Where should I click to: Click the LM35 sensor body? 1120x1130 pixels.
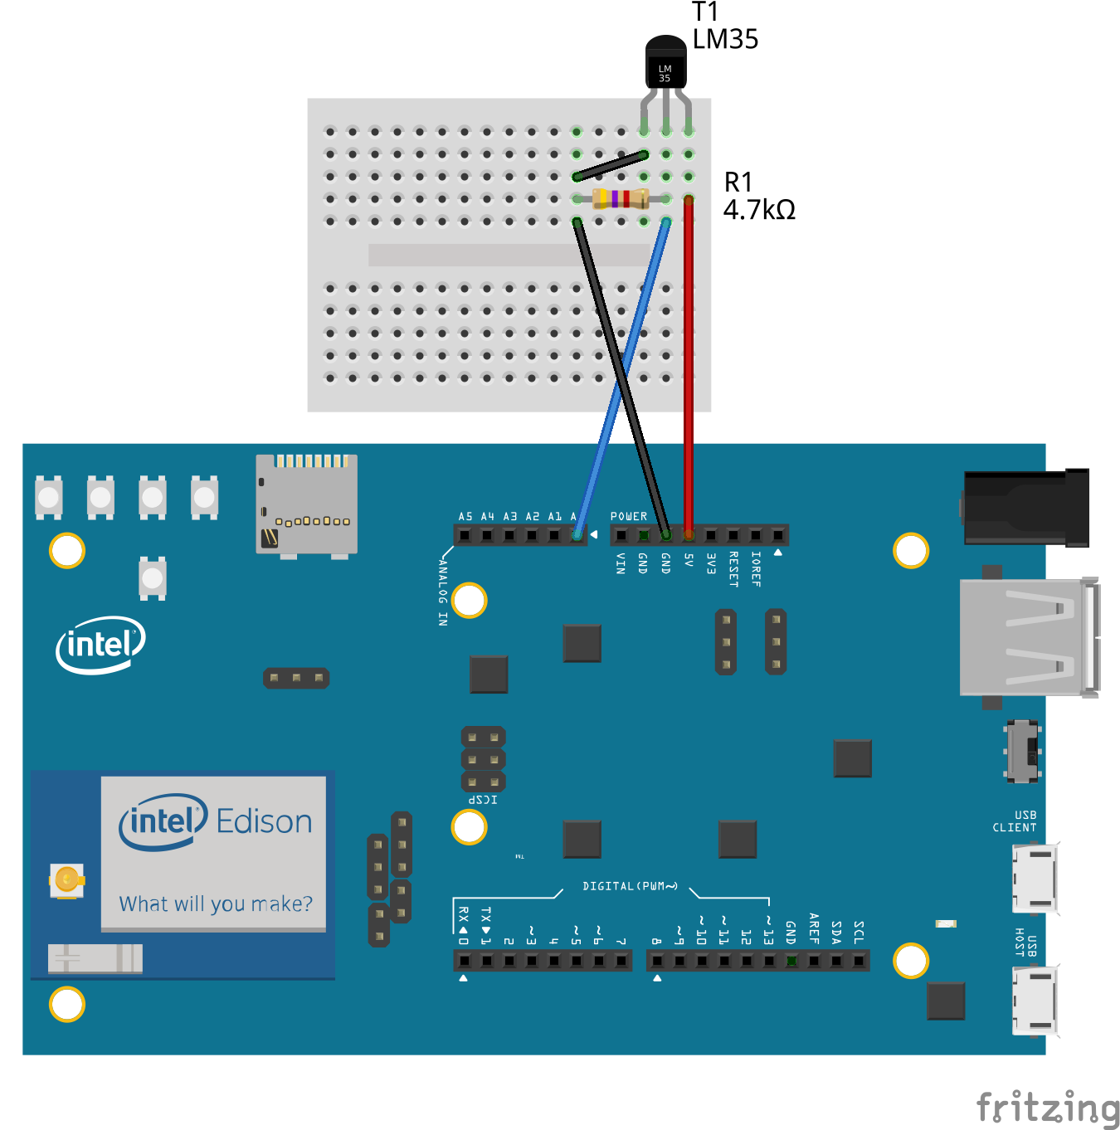tap(665, 64)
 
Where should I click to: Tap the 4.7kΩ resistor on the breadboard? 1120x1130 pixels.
tap(621, 199)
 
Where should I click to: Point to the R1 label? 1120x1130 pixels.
tap(738, 182)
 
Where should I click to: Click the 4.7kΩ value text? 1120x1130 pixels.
tap(758, 210)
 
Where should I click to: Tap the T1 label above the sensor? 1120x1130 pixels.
tap(704, 12)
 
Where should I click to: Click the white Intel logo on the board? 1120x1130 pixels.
tap(100, 645)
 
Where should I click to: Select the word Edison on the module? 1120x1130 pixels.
tap(264, 821)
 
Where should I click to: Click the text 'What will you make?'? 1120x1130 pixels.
tap(216, 904)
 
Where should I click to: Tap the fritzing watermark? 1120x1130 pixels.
tap(1048, 1108)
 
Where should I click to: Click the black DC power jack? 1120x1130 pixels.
tap(1025, 507)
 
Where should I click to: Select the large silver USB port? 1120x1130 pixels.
tap(1029, 636)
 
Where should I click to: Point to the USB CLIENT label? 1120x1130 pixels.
tap(1015, 821)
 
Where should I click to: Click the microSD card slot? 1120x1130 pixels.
tap(306, 503)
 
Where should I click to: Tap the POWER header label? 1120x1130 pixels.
tap(629, 516)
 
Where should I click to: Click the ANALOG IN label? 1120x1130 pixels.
tap(443, 592)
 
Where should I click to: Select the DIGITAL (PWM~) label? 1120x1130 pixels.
tap(630, 886)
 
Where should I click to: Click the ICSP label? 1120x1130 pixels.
tap(483, 800)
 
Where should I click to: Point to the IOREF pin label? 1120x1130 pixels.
tap(756, 569)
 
